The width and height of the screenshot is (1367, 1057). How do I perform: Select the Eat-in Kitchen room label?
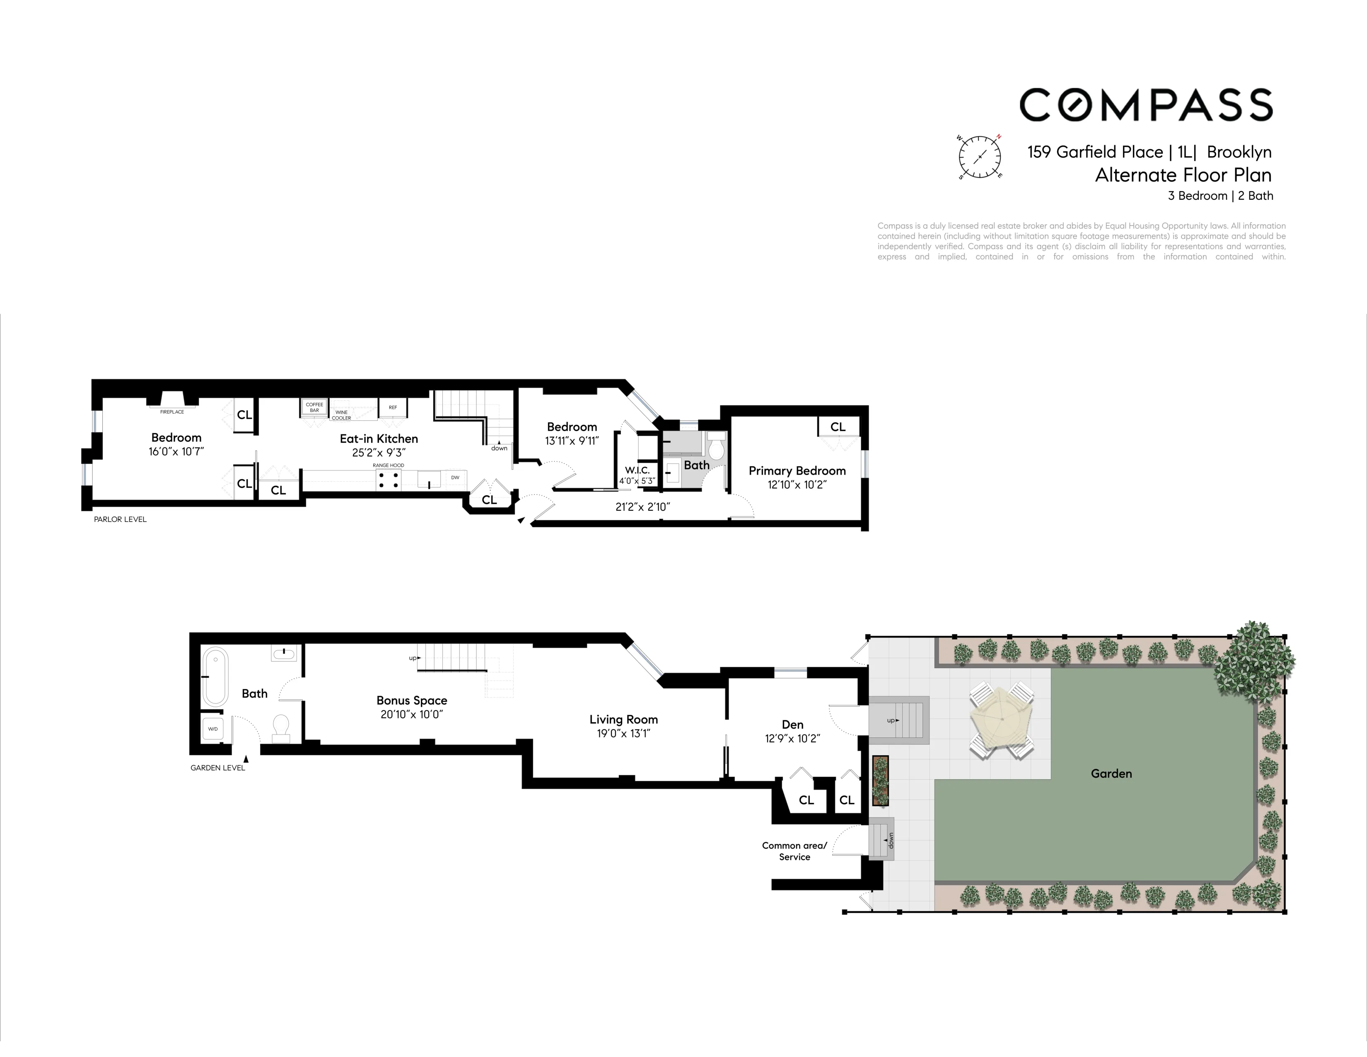click(379, 438)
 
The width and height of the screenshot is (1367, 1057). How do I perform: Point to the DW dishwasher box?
click(455, 478)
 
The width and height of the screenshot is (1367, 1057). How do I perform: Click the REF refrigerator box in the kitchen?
click(392, 407)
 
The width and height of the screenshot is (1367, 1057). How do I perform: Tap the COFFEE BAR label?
click(314, 407)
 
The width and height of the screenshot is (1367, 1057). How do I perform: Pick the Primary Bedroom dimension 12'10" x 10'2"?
click(797, 485)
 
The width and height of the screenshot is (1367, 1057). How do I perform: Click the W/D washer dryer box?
click(213, 729)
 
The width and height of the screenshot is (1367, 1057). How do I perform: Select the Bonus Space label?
click(411, 700)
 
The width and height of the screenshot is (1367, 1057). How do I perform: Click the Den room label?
click(792, 725)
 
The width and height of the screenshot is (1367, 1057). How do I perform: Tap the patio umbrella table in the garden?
click(1002, 719)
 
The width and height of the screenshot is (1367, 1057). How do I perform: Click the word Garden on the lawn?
click(1111, 773)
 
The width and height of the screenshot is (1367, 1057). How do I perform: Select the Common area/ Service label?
click(794, 851)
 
